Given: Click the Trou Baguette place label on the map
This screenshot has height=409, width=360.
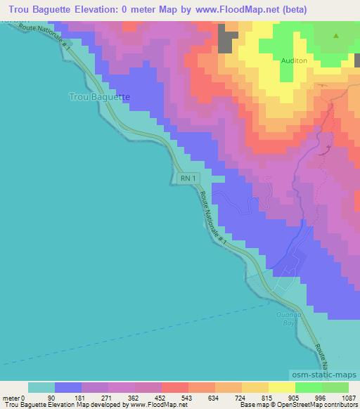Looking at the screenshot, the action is coord(101,96).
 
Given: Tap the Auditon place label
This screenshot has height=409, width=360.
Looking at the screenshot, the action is coord(294,61).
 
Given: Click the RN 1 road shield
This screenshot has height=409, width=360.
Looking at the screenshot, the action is coord(186,179).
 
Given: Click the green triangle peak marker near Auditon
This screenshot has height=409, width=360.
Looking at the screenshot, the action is coord(336,36).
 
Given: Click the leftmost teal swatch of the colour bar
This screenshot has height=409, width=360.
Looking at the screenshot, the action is coord(41,387).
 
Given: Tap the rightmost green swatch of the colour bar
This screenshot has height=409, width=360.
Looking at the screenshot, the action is coord(335,387).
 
